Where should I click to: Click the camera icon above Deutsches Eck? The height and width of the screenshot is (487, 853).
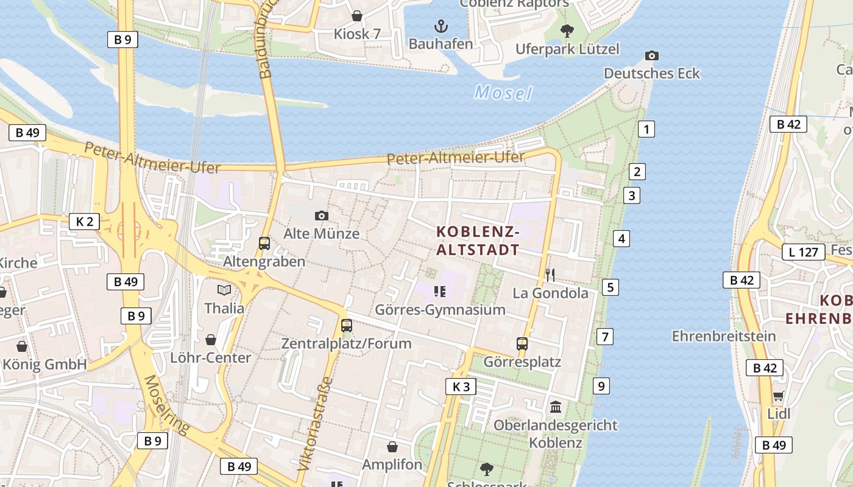pyautogui.click(x=651, y=56)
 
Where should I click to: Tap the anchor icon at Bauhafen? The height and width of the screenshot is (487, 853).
pyautogui.click(x=441, y=26)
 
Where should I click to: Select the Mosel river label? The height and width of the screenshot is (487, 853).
pyautogui.click(x=503, y=93)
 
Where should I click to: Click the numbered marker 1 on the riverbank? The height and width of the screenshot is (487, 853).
pyautogui.click(x=646, y=129)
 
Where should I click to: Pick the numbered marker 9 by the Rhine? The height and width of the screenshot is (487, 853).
pyautogui.click(x=601, y=385)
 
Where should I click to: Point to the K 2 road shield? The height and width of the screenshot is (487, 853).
pyautogui.click(x=84, y=221)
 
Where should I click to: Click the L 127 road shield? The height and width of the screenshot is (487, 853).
pyautogui.click(x=803, y=251)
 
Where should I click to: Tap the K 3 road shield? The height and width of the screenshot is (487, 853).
pyautogui.click(x=461, y=387)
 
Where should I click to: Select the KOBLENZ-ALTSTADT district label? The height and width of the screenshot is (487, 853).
pyautogui.click(x=478, y=240)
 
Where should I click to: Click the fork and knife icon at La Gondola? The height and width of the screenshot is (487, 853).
pyautogui.click(x=550, y=275)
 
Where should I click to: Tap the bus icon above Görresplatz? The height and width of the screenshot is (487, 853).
pyautogui.click(x=522, y=344)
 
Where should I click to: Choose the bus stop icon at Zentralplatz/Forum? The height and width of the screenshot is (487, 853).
pyautogui.click(x=347, y=326)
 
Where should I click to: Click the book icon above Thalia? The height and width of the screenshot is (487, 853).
pyautogui.click(x=224, y=290)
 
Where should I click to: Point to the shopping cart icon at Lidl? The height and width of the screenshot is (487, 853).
pyautogui.click(x=778, y=397)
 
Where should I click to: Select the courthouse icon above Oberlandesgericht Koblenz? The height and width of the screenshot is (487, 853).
pyautogui.click(x=556, y=407)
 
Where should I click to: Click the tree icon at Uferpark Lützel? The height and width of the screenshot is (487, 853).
pyautogui.click(x=567, y=30)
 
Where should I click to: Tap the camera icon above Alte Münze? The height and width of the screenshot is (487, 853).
pyautogui.click(x=321, y=215)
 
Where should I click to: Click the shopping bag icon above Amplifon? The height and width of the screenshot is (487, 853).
pyautogui.click(x=392, y=447)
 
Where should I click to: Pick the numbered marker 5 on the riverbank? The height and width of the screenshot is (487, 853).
pyautogui.click(x=610, y=287)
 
